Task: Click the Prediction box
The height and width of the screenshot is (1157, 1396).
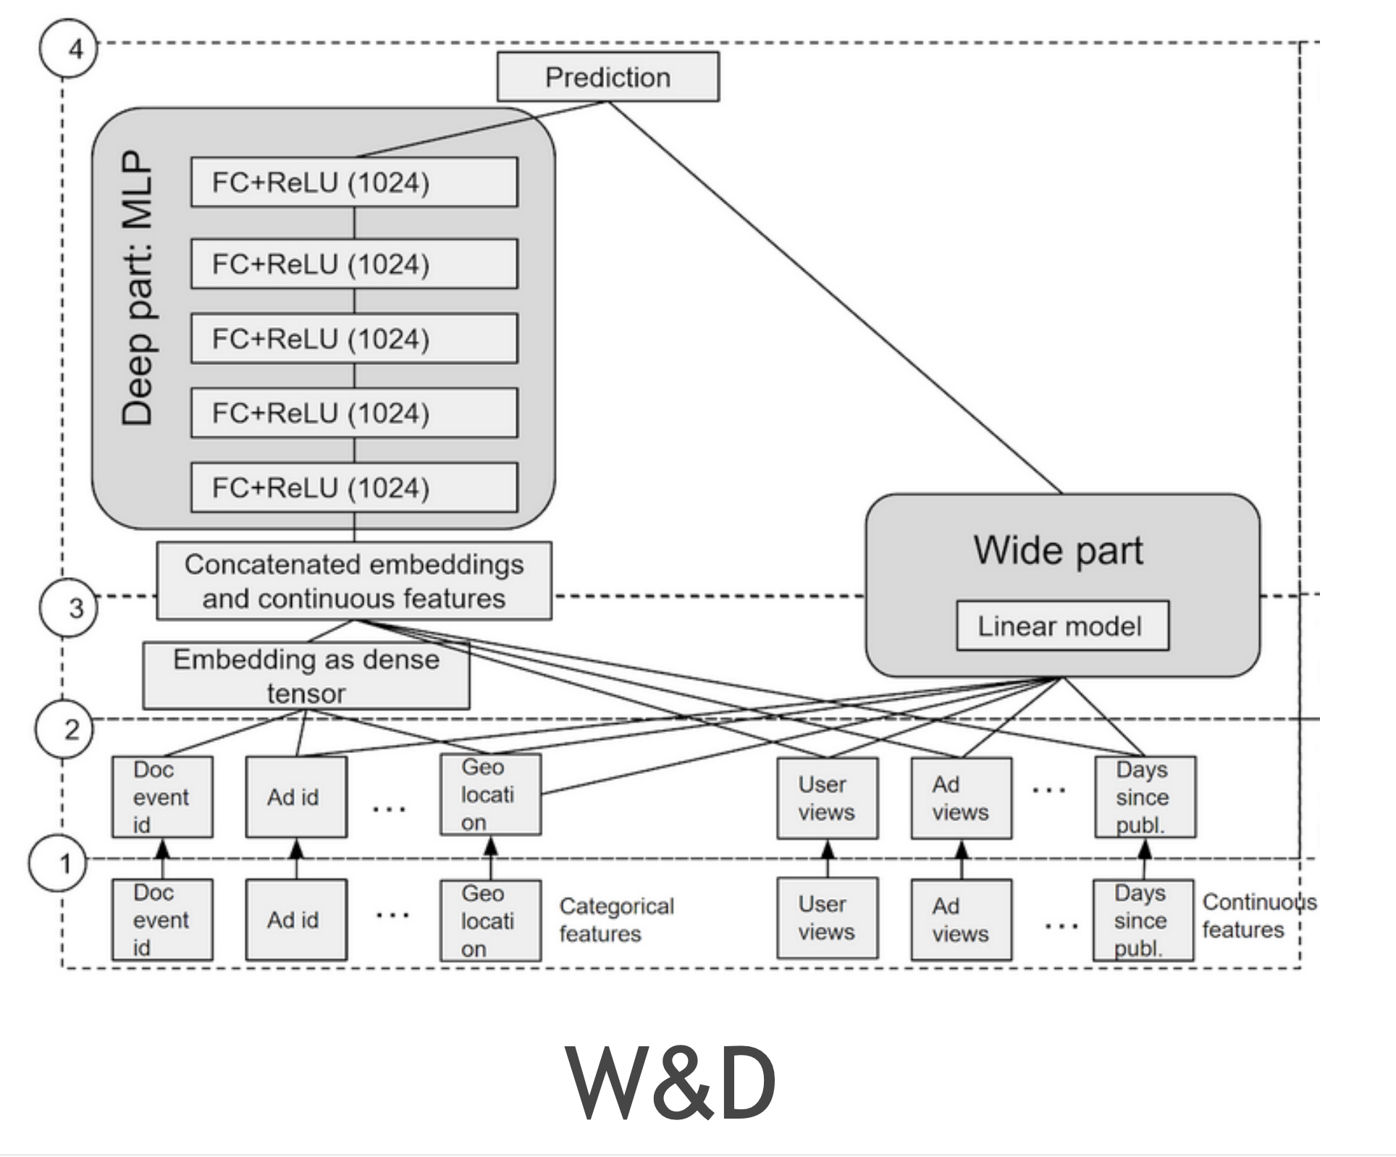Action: [x=607, y=77]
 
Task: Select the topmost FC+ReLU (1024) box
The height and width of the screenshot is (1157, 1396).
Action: [x=354, y=182]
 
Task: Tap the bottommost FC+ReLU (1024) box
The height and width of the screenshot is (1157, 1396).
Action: [x=354, y=488]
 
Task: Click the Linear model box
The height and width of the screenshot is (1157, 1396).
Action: [x=1061, y=626]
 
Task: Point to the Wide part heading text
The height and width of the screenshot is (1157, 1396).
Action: [x=1058, y=550]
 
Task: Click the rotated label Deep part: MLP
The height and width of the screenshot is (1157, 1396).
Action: [x=138, y=288]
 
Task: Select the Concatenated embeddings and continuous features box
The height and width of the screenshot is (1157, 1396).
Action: [x=354, y=581]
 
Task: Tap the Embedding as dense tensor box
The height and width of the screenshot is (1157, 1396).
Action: [x=306, y=676]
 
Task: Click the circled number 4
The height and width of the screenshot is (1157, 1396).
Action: [x=68, y=49]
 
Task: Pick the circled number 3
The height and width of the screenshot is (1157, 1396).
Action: [x=69, y=608]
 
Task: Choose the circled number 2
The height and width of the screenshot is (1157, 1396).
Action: [x=65, y=729]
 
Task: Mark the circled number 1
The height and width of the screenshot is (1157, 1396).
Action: [x=58, y=863]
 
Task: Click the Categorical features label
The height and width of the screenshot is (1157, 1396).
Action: [x=615, y=920]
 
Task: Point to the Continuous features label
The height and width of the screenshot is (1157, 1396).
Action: [x=1258, y=915]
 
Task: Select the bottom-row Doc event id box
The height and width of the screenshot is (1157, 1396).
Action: [x=162, y=920]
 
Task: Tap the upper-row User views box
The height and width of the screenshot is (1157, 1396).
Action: [x=827, y=798]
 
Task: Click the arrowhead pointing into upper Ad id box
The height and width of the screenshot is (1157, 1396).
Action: [x=296, y=849]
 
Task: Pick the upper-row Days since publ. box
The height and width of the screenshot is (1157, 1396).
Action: [x=1144, y=796]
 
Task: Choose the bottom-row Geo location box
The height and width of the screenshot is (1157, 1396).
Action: [x=490, y=920]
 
